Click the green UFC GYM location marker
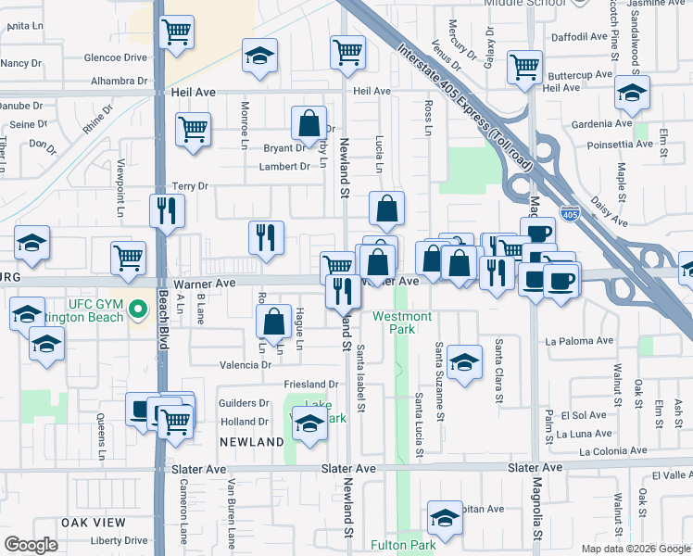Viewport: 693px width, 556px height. click(139, 308)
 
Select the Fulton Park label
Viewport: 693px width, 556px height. click(403, 546)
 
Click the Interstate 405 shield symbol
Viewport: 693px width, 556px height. click(570, 212)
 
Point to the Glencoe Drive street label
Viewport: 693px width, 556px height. click(116, 57)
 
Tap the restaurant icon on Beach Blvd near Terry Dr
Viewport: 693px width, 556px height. click(168, 210)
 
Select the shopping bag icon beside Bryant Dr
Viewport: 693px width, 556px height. click(309, 122)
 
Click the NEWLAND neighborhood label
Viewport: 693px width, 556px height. click(252, 443)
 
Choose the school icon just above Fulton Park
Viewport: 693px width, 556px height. click(445, 516)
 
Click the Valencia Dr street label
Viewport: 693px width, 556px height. click(245, 365)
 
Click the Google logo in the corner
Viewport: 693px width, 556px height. click(31, 545)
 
